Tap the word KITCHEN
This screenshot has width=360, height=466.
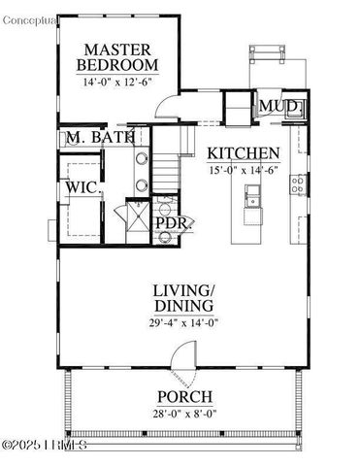(245, 153)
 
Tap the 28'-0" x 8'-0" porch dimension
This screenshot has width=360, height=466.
(183, 413)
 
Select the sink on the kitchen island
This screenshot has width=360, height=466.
(253, 202)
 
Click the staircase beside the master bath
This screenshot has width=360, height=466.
(170, 169)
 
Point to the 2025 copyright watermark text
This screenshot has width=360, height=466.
(46, 446)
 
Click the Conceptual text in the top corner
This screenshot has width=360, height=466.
(30, 9)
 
